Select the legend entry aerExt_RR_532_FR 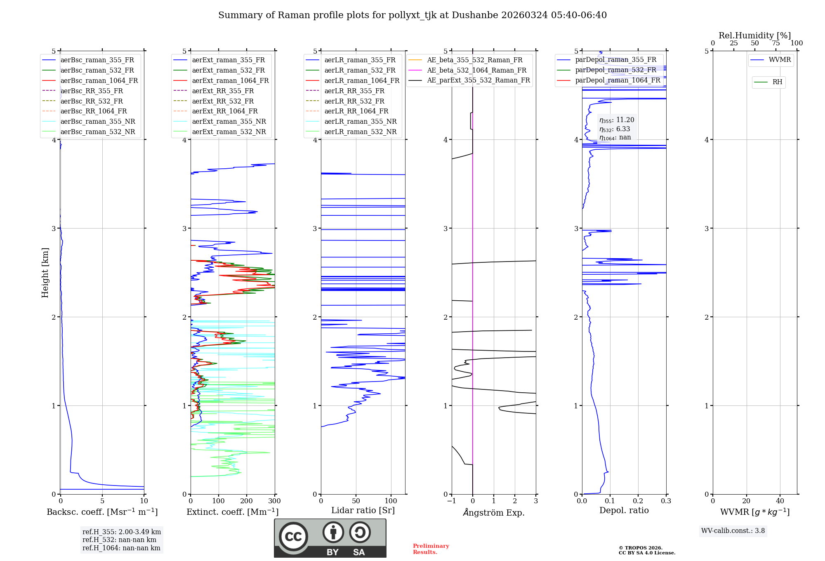point(223,101)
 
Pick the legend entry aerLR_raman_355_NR point(360,122)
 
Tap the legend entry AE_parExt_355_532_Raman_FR point(478,80)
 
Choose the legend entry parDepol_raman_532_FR point(615,70)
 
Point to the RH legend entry point(777,82)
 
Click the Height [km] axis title point(45,273)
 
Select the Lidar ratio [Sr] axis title point(363,511)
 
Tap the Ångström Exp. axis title point(494,513)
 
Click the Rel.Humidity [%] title point(754,35)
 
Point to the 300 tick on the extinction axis point(275,501)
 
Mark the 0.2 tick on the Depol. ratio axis point(638,501)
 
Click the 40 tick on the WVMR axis point(780,501)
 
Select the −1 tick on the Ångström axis point(452,501)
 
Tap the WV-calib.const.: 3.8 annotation point(733,531)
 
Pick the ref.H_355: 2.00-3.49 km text point(122,532)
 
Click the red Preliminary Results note point(431,549)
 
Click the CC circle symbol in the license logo point(293,536)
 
